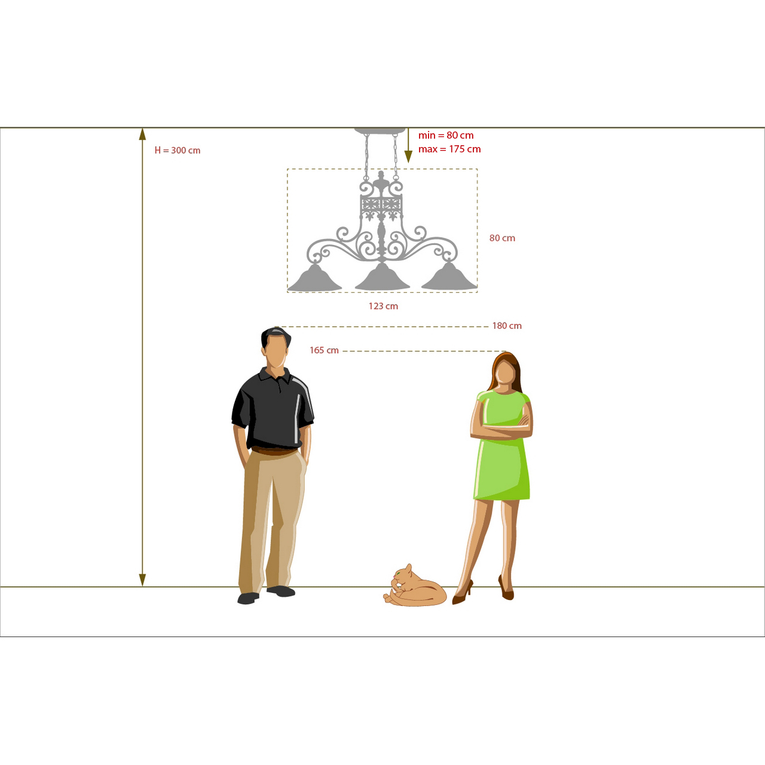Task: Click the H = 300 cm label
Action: [x=178, y=151]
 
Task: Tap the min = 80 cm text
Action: [x=446, y=136]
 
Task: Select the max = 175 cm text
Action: [x=449, y=149]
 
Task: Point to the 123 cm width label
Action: [x=383, y=306]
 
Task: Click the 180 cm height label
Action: [x=507, y=326]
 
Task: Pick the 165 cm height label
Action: [x=324, y=350]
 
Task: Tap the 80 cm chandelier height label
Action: [x=502, y=238]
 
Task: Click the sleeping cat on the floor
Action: [x=415, y=586]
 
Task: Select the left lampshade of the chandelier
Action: [x=315, y=278]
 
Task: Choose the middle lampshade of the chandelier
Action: [x=382, y=277]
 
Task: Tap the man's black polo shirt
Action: [x=273, y=409]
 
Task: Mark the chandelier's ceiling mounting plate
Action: [x=380, y=131]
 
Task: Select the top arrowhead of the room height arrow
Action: [x=142, y=134]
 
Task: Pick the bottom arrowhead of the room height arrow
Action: [x=142, y=580]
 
